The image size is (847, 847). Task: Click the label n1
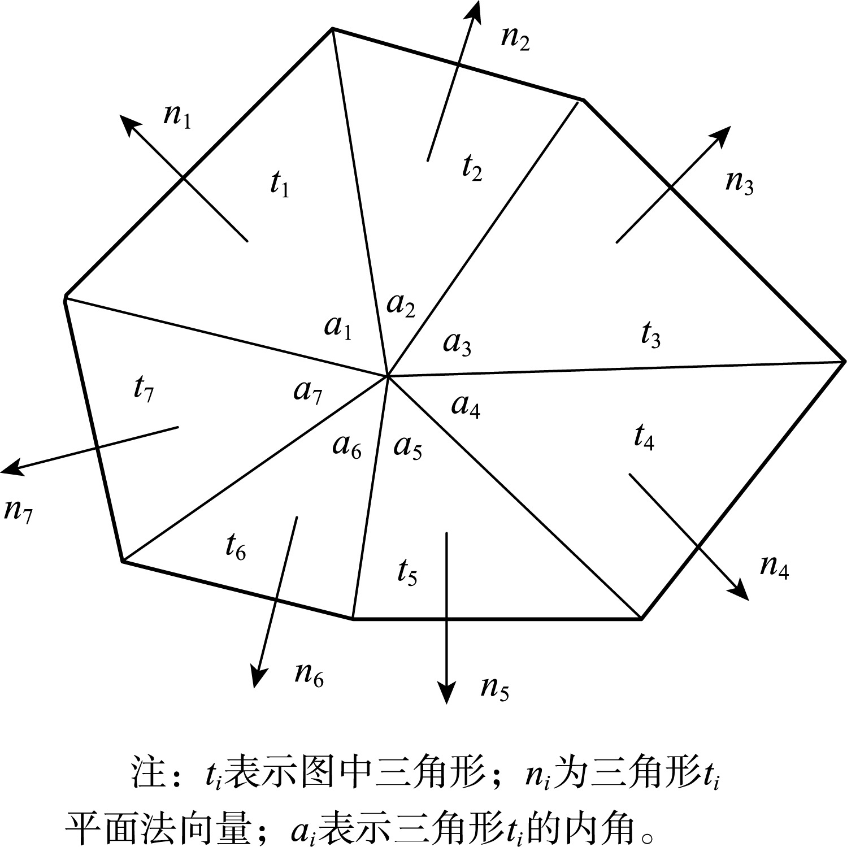tap(177, 115)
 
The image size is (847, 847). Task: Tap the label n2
tap(515, 38)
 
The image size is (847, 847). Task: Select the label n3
tap(740, 182)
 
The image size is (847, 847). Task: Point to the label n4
tap(774, 566)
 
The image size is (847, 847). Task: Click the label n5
tap(495, 688)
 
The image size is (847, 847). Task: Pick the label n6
tap(309, 674)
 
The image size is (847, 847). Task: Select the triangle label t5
tap(407, 572)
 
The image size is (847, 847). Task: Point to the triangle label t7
tap(144, 388)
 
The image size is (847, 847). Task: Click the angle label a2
tap(401, 305)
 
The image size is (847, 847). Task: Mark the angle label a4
tap(466, 405)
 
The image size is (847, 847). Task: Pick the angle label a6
tap(347, 446)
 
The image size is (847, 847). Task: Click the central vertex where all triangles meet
tap(388, 375)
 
